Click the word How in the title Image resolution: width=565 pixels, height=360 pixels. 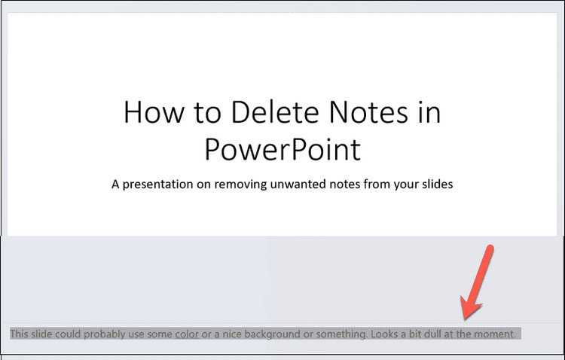click(x=154, y=112)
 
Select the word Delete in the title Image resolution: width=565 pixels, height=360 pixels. click(x=275, y=112)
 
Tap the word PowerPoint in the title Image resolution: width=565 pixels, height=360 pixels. click(x=282, y=149)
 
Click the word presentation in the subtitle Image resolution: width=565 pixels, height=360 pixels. click(x=158, y=185)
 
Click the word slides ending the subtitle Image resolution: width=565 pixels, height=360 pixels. click(x=438, y=185)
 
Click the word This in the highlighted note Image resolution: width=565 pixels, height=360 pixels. click(x=19, y=334)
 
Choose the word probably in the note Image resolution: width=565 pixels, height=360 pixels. click(x=105, y=334)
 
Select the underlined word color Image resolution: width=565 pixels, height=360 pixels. click(x=187, y=334)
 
